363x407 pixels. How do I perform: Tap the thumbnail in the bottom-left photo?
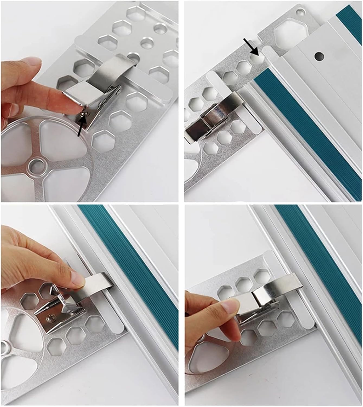(77, 279)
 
